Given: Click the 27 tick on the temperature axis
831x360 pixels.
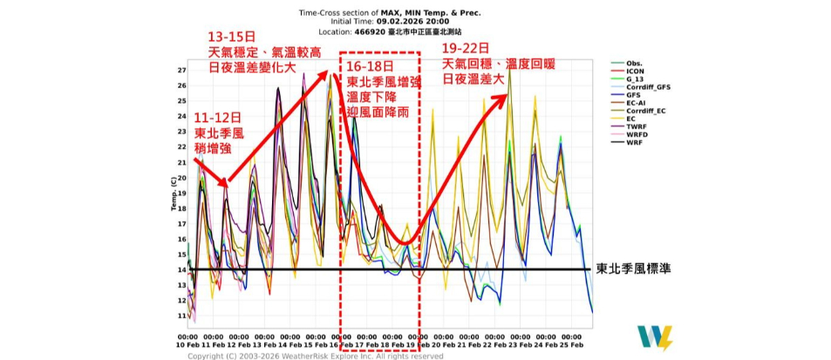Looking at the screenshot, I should pyautogui.click(x=180, y=70).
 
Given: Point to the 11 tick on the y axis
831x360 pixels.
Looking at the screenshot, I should pyautogui.click(x=180, y=316).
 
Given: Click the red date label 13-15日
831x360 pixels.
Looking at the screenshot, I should pyautogui.click(x=231, y=37).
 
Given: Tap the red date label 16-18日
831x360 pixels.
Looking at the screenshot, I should pyautogui.click(x=371, y=65).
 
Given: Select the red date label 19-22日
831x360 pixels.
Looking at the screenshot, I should pyautogui.click(x=466, y=48).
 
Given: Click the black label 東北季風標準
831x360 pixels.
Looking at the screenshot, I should pyautogui.click(x=639, y=269).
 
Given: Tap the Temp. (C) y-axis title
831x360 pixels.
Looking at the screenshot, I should pyautogui.click(x=173, y=193).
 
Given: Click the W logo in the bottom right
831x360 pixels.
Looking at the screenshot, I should pyautogui.click(x=653, y=337).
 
